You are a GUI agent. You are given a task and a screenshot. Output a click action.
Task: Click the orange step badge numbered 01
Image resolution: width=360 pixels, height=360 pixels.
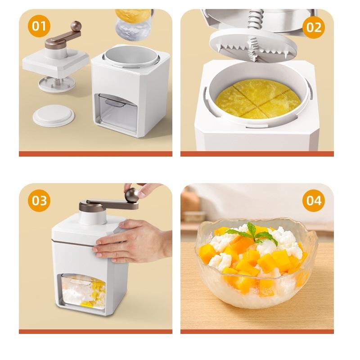click(39, 26)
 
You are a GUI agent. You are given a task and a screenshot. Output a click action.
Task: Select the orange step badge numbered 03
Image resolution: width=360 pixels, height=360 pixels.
click(39, 200)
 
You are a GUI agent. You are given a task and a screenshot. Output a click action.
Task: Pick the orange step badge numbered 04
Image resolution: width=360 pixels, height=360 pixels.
click(314, 200)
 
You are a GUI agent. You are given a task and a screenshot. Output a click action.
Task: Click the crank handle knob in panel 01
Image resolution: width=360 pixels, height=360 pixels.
click(76, 26)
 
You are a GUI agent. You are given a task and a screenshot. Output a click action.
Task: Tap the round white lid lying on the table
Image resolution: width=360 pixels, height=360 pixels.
click(54, 115)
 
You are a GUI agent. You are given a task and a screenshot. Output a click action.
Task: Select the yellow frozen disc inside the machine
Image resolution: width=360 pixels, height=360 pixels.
click(257, 98)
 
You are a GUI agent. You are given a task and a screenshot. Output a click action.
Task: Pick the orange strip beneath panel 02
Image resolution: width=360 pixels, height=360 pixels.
click(257, 154)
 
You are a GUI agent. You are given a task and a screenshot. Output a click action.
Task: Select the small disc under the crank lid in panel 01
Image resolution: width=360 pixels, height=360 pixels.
click(57, 83)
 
